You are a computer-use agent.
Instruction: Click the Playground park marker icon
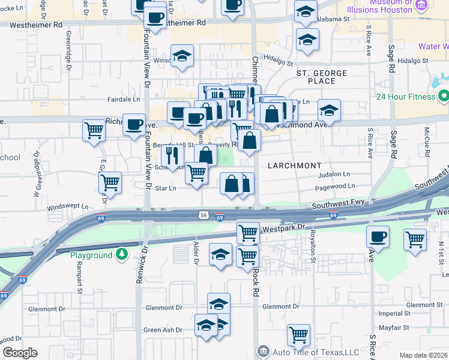coord(122,255)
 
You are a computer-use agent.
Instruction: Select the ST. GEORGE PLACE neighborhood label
coord(322,76)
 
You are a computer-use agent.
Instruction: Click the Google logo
coord(20,353)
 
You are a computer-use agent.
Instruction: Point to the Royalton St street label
coord(312,247)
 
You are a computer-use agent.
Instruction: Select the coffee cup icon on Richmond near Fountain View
coord(134,124)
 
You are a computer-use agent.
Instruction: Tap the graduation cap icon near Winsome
coord(182,56)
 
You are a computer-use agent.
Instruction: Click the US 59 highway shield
coord(204,214)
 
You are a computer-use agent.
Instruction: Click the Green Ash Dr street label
coord(163,329)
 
